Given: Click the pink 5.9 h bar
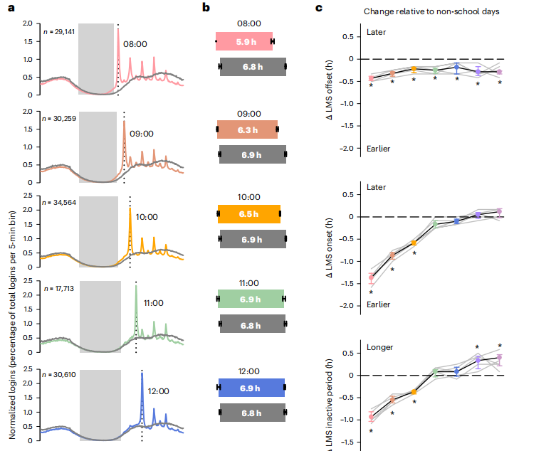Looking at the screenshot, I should [245, 42].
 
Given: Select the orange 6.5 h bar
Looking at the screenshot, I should [249, 213].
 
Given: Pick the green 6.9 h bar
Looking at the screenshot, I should [252, 299].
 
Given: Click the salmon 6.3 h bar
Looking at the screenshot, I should [248, 129].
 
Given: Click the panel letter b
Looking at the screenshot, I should [205, 8].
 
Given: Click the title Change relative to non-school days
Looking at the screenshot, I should [431, 11].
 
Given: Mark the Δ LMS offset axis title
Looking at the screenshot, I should [330, 88].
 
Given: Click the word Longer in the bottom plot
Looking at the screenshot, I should [379, 347].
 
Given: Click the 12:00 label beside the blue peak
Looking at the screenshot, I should [159, 391].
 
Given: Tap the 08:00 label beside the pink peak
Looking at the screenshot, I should [135, 44].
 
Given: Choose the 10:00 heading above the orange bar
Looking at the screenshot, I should [248, 197].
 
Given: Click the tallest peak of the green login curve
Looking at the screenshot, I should [136, 285].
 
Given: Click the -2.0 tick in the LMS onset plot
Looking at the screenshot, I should [350, 305].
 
